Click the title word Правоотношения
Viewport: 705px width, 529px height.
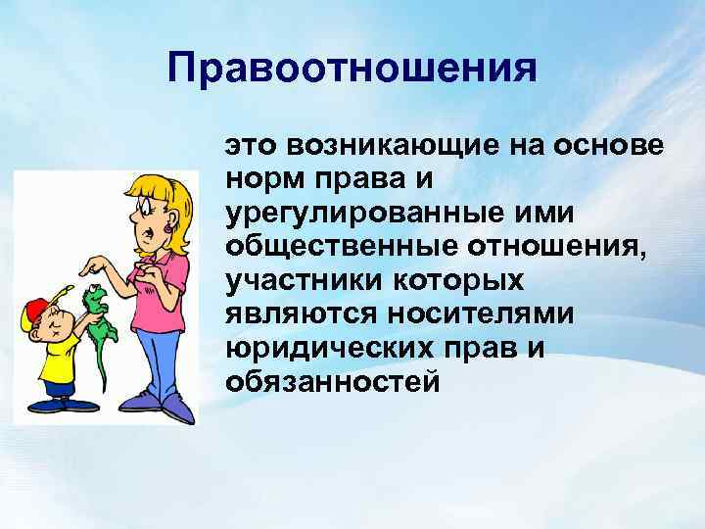tap(352, 71)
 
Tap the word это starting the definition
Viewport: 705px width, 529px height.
tap(252, 146)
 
